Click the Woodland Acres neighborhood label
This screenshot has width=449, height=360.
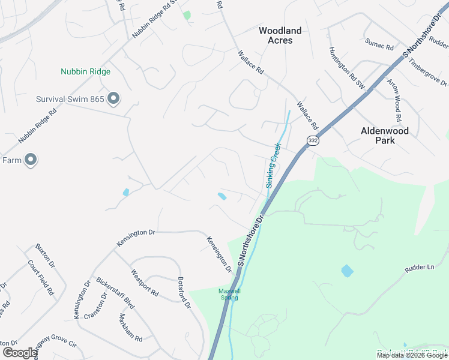click(280, 35)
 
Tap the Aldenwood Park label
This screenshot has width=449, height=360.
click(384, 135)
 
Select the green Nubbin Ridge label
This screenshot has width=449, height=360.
click(85, 72)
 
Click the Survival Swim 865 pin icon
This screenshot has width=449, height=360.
click(113, 100)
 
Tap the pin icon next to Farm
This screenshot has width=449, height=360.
click(31, 160)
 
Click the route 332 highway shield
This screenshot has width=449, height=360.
click(312, 140)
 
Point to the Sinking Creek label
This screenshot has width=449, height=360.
click(273, 166)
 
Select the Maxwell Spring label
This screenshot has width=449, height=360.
click(229, 293)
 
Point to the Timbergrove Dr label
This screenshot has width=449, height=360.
click(429, 73)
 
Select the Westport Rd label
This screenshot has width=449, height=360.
click(145, 283)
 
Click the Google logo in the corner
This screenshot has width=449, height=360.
click(20, 353)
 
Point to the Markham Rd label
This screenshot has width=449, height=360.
click(130, 328)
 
